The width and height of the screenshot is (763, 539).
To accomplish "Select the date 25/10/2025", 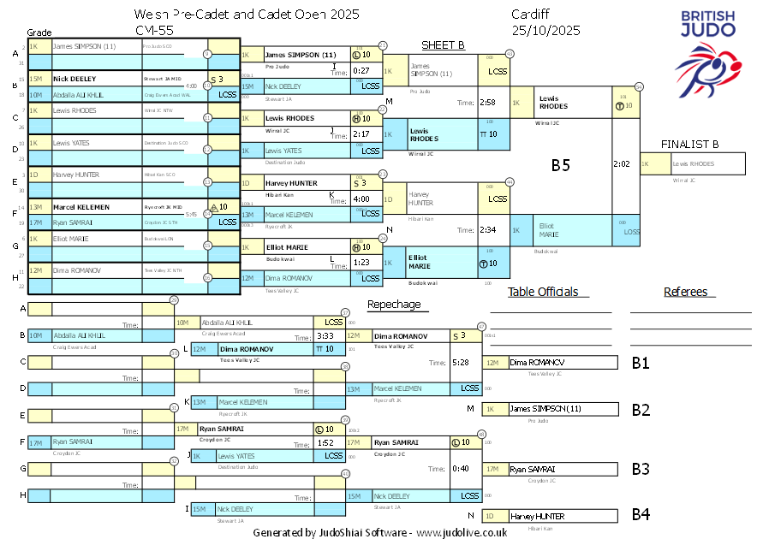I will coord(545,30).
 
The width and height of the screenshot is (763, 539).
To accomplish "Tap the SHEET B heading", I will coord(443,44).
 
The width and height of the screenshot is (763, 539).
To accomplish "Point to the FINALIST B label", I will coord(689,144).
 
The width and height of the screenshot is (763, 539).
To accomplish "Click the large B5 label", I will coord(560,165).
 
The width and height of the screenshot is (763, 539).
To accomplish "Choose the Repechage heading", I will coord(394,304).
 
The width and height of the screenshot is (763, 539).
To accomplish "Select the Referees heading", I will coord(685,292).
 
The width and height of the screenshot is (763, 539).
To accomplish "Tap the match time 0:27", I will coord(361,70).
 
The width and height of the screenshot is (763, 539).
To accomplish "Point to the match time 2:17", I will coord(361,134).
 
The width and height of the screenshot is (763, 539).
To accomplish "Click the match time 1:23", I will coord(361,262).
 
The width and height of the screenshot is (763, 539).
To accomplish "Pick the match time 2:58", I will coord(488,103).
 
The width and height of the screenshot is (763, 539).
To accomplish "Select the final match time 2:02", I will coord(623,163).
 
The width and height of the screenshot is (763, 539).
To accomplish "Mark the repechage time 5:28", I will coord(460,363).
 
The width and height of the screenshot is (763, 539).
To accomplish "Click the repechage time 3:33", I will coord(325,336).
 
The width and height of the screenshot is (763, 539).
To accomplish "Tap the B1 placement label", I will coord(641,363).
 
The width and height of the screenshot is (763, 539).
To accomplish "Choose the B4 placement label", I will coord(641,515).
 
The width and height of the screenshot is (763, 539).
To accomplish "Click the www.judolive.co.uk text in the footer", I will coord(462,532).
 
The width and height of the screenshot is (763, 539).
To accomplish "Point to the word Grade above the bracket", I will coord(39,31).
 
